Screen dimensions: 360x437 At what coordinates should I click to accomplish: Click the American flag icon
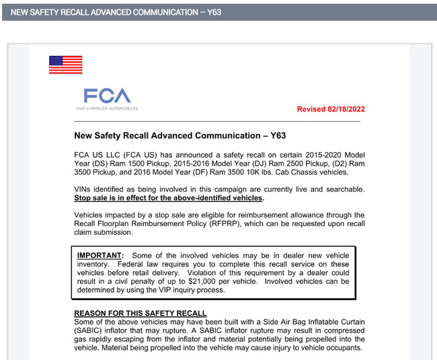click(65, 65)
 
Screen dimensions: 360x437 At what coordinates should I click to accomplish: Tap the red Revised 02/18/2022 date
click(331, 109)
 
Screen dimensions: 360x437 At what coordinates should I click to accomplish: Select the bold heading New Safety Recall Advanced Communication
click(180, 135)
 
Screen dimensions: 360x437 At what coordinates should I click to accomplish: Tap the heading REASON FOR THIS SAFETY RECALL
click(140, 313)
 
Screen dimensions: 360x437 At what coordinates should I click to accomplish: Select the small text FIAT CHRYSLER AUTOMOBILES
click(107, 108)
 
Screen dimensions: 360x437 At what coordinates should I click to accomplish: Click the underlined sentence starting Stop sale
click(169, 198)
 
